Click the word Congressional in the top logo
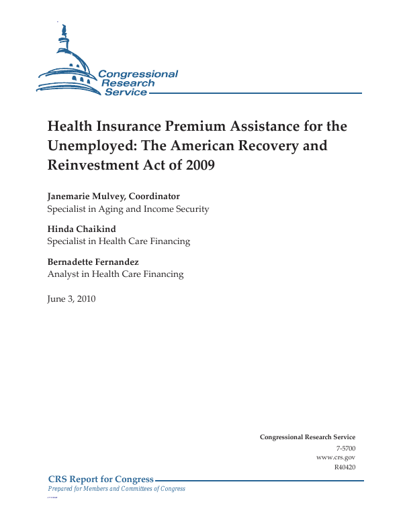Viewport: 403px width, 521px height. coord(138,74)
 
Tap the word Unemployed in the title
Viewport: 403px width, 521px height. coord(89,146)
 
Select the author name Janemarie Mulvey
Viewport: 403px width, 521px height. coord(85,196)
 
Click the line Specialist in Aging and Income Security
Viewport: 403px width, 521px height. coord(128,209)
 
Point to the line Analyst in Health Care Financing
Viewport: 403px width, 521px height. coord(115,274)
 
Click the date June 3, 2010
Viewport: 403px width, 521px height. coord(71,299)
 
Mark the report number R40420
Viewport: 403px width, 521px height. coord(344,467)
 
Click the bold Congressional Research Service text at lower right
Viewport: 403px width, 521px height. coord(307,437)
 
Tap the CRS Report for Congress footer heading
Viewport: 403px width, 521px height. coord(101,479)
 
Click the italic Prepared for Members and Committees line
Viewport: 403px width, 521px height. coord(116,489)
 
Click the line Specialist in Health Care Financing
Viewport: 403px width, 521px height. coord(118,241)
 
